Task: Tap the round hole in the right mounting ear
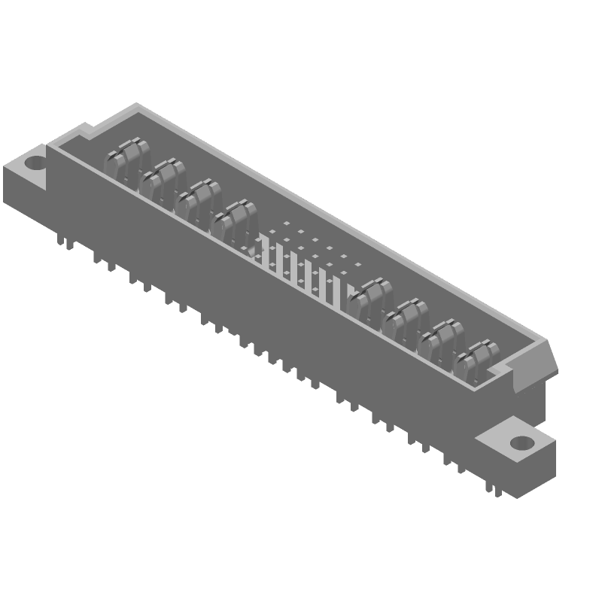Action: click(x=520, y=442)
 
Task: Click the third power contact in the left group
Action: click(x=198, y=202)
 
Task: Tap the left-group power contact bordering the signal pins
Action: click(x=234, y=221)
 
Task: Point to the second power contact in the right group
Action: click(x=405, y=320)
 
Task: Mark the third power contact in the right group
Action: click(x=440, y=339)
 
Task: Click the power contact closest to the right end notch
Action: click(x=477, y=360)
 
